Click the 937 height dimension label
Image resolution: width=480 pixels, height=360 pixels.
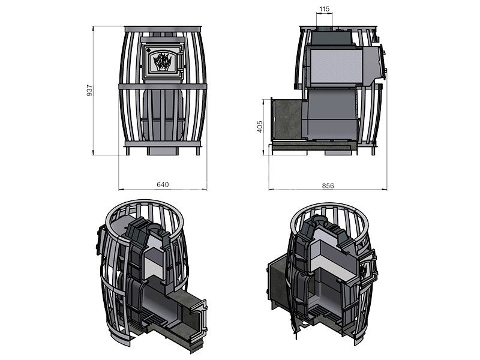89,91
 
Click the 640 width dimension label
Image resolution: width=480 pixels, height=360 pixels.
163,185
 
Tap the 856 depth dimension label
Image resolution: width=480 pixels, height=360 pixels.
328,186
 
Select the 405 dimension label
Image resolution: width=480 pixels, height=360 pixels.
260,127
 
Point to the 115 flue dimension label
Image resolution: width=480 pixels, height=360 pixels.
324,9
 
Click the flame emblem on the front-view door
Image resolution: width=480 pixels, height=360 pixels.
162,62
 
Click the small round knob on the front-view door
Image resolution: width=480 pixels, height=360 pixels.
148,49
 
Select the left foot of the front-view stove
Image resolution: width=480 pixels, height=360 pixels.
127,151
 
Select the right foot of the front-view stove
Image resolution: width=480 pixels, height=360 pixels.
198,151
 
